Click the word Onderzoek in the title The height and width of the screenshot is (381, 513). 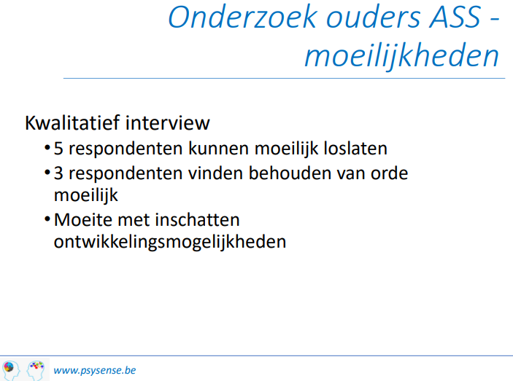coord(243,17)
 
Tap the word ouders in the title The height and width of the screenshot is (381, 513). coord(373,17)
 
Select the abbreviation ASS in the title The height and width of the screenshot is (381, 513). coord(455,17)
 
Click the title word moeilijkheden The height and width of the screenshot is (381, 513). coord(402,56)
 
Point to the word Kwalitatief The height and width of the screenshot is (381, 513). coord(72,123)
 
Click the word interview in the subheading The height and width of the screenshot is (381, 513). coord(167,123)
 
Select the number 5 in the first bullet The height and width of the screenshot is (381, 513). coord(58,149)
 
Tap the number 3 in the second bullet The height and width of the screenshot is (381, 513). coord(58,173)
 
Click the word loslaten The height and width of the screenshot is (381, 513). coord(355,149)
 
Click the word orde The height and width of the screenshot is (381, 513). coord(390,173)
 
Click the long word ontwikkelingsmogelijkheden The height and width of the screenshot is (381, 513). coord(170,243)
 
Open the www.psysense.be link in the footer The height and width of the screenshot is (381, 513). coord(95,370)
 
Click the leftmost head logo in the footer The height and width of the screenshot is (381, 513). coord(11,370)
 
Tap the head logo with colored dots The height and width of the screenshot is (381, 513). coord(36,370)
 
